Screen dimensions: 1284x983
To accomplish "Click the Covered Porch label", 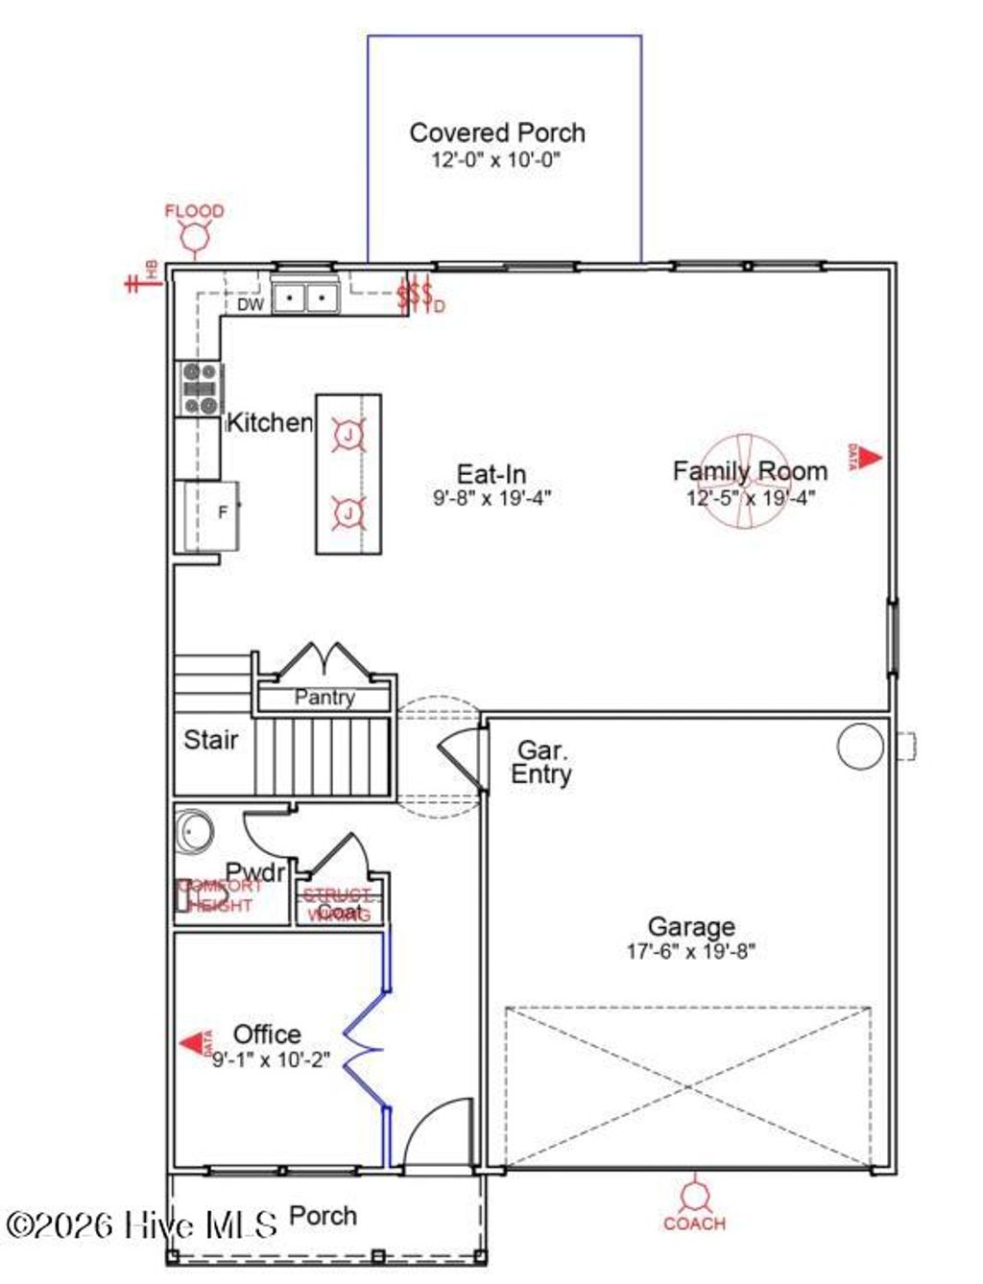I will pos(496,132).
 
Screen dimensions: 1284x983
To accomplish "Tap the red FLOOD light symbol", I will pos(195,236).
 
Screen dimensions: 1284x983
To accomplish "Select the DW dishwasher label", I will pos(251,305).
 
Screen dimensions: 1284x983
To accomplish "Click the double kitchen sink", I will pos(305,297).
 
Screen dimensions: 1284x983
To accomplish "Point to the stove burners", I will pos(200,389).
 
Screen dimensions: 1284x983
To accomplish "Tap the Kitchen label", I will pos(269,422).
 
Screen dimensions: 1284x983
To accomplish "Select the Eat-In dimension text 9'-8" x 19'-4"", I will pos(491,498).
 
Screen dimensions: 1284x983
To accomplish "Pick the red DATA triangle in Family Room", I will pos(869,458).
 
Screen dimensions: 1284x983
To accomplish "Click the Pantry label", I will pos(324,698).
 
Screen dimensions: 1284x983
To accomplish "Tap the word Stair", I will pos(210,740).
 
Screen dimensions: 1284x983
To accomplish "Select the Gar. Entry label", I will pos(541,763).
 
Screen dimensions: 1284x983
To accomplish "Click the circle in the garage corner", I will pos(859,746).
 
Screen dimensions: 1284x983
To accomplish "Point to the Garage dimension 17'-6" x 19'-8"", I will pos(691,952).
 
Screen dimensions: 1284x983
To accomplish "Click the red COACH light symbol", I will pos(693,1197).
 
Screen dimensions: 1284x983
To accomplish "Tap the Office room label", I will pos(267,1034).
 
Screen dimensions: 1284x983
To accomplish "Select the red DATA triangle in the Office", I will pos(195,1043).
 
